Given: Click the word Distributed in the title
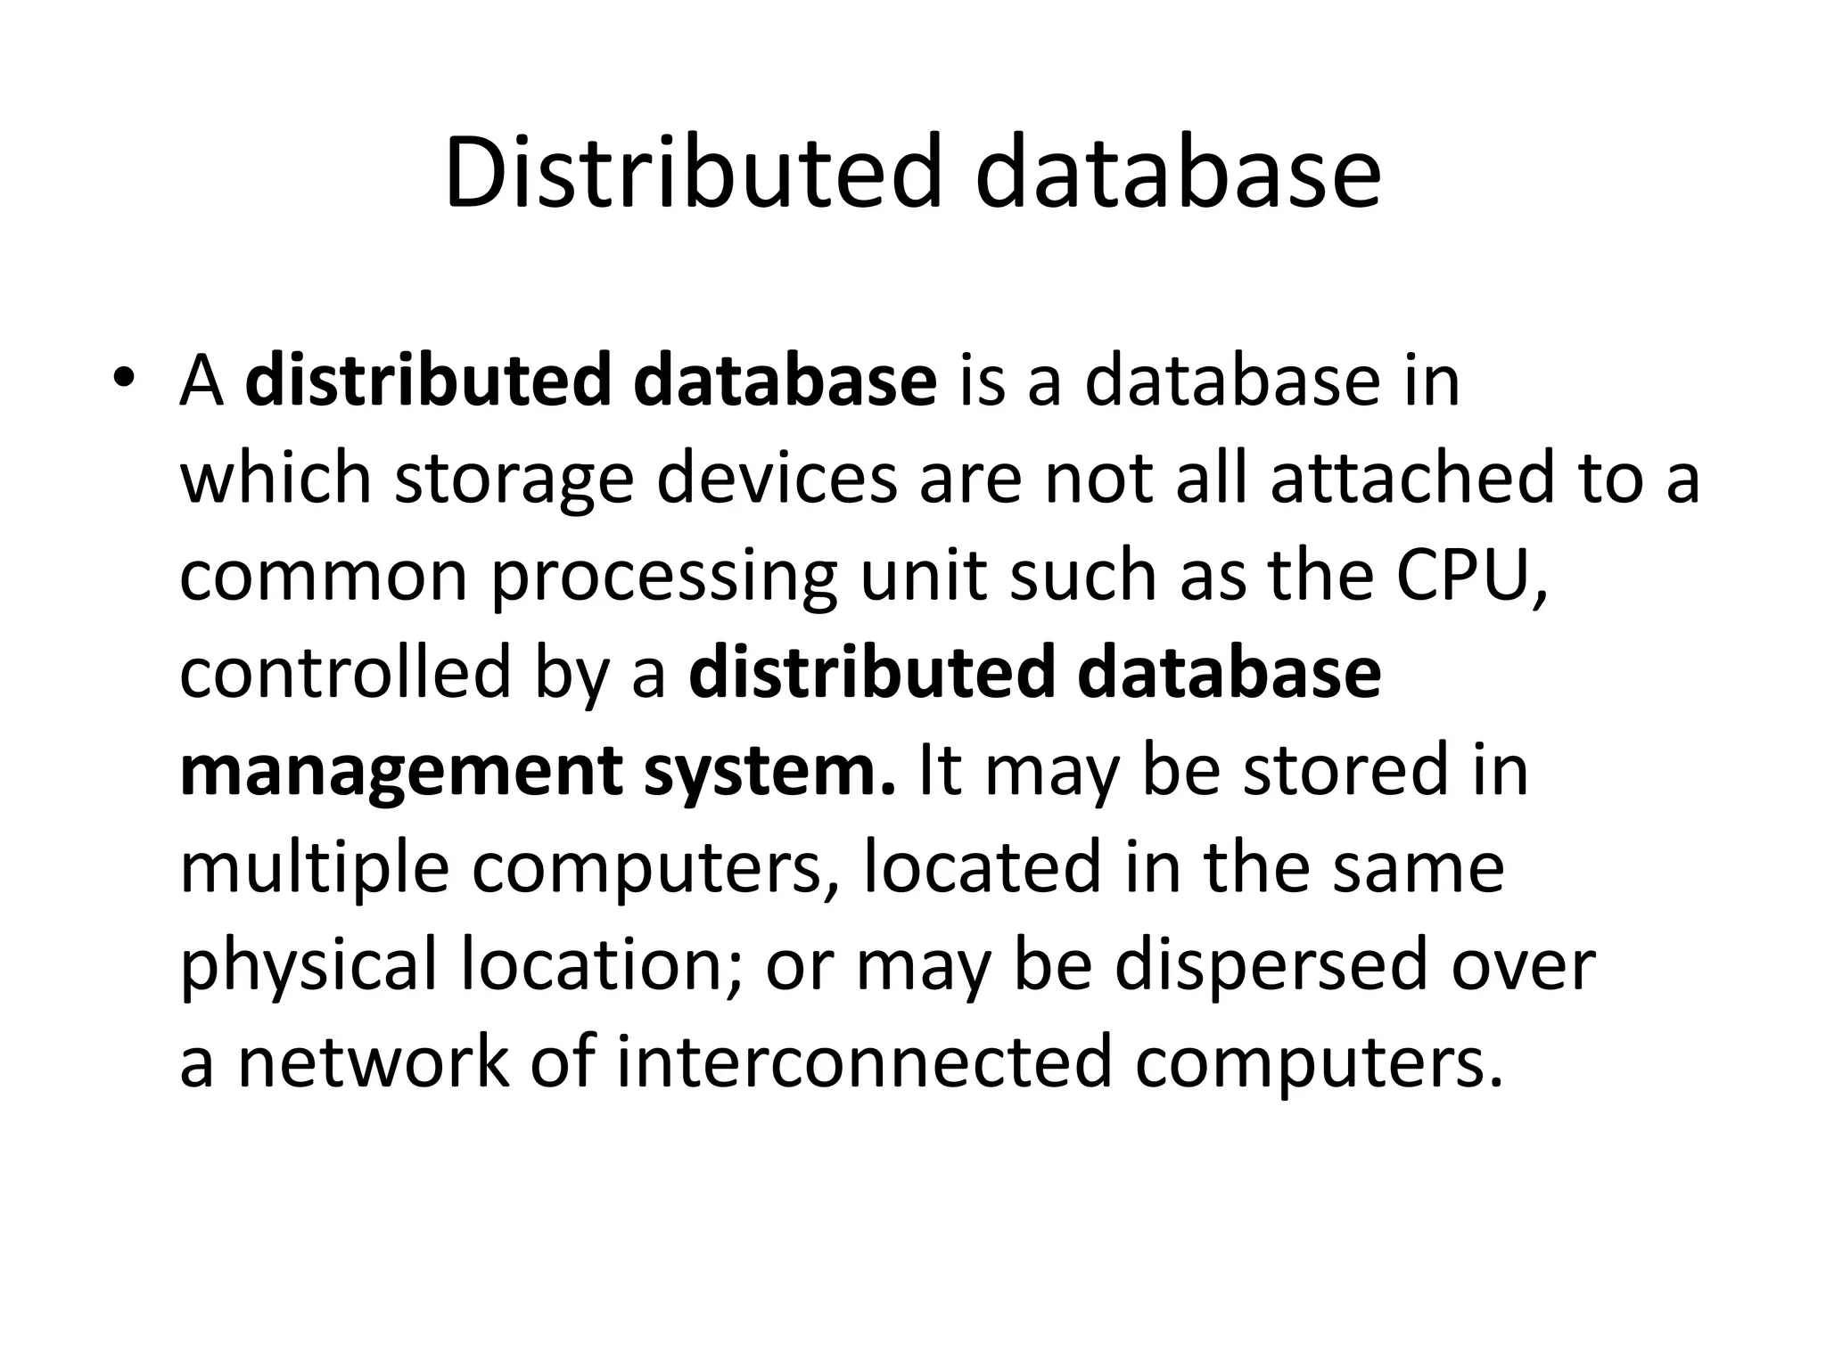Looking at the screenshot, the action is [x=692, y=171].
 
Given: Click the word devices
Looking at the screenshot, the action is [x=777, y=479].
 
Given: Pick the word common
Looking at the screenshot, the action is [x=324, y=576].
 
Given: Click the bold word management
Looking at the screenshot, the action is [x=400, y=772].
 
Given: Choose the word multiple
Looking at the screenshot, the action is [x=314, y=870].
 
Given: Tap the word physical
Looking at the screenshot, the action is [x=308, y=966].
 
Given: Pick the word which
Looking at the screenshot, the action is [x=276, y=479].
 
